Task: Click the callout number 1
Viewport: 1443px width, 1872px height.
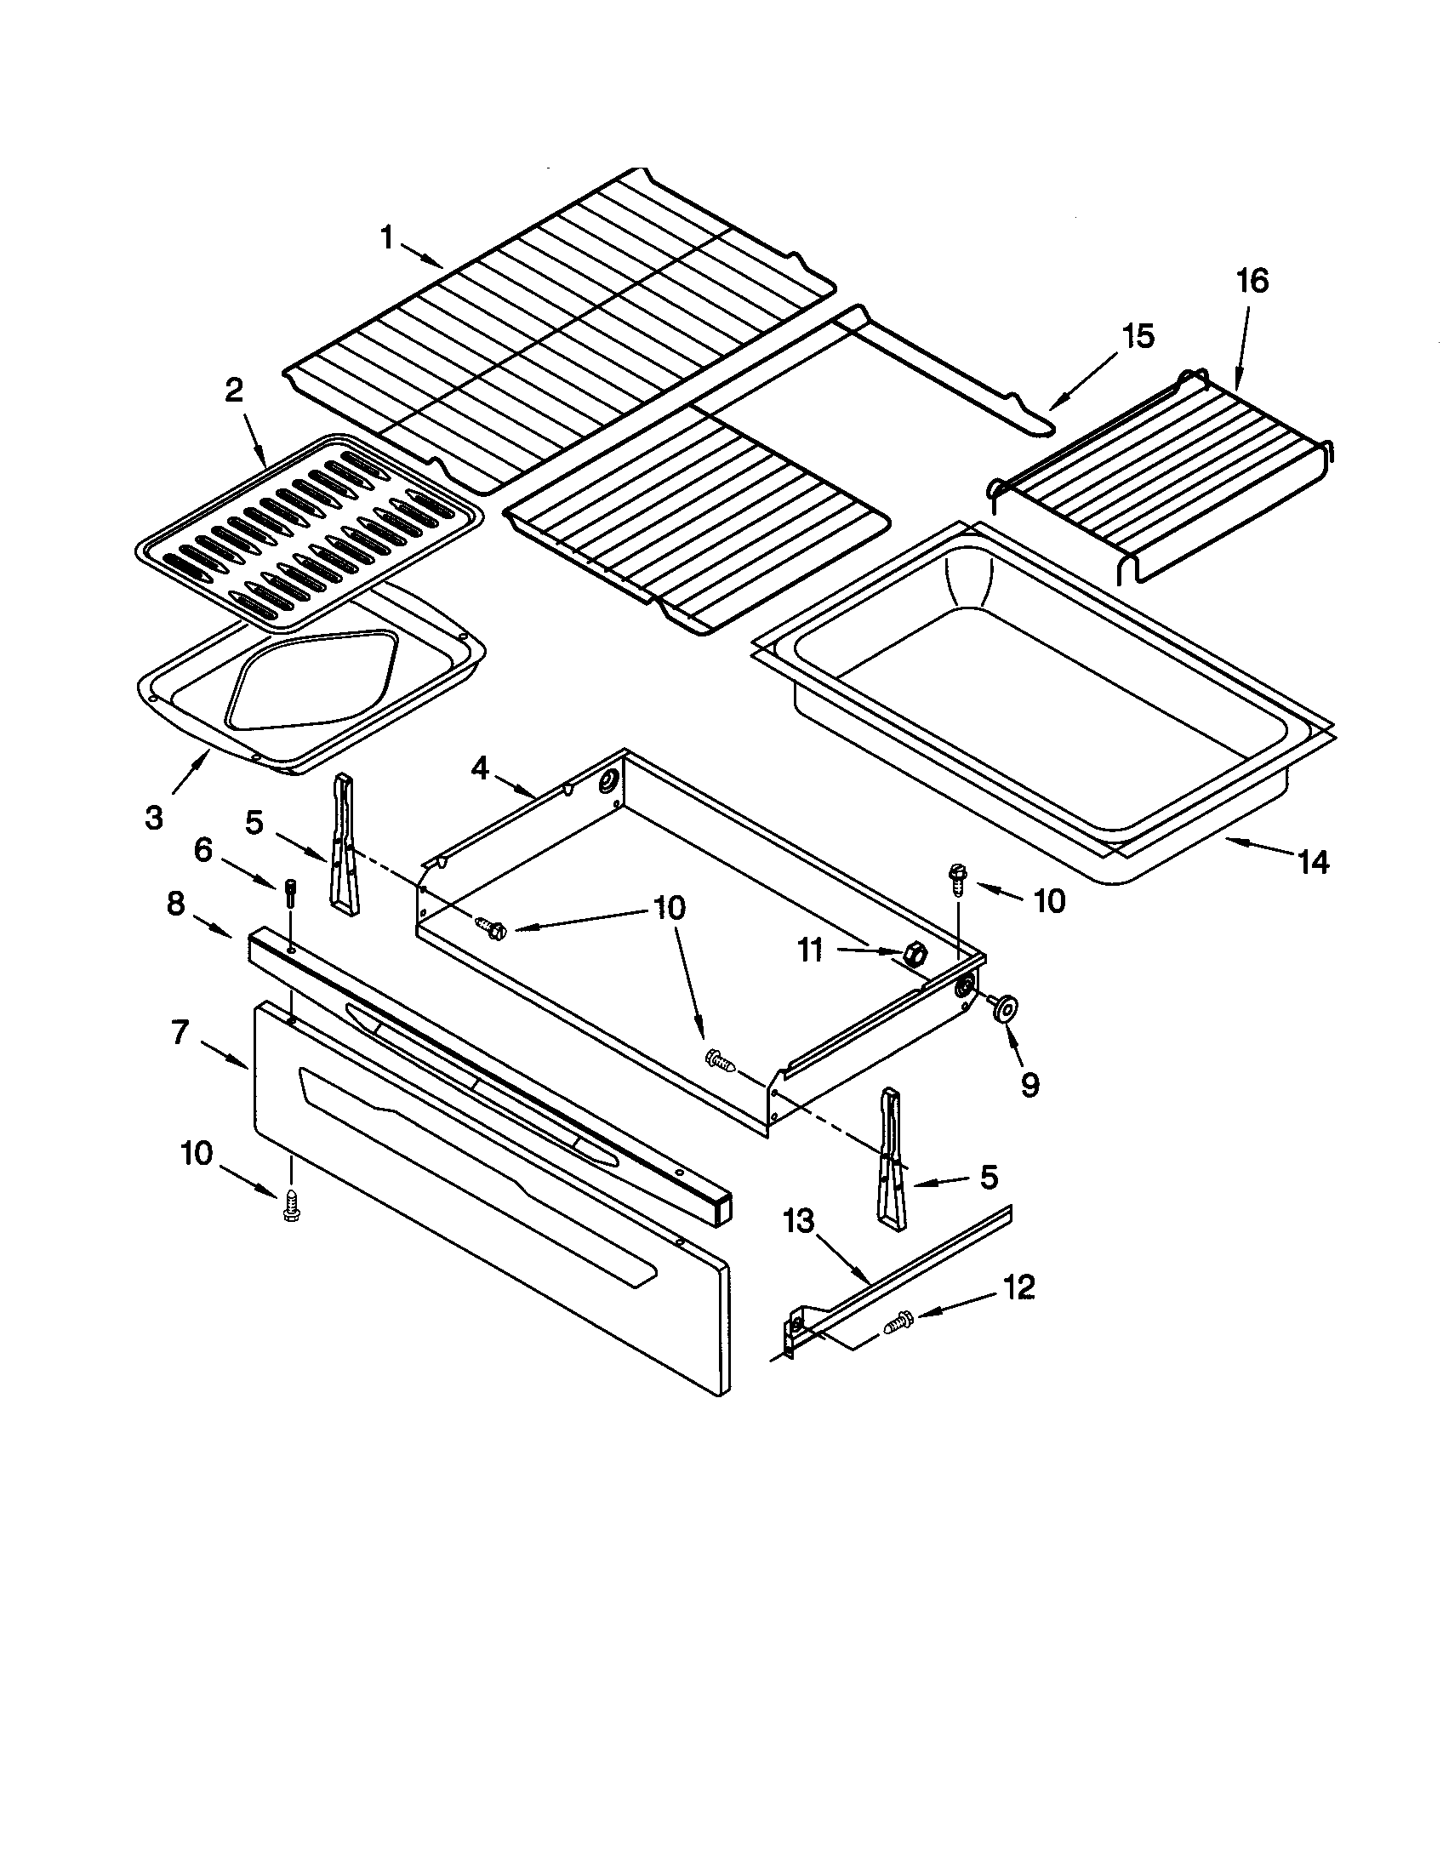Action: coord(386,237)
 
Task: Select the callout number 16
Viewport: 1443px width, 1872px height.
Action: coord(1252,281)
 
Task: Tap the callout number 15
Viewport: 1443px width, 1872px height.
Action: coord(1138,336)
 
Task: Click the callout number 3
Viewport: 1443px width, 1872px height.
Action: coord(153,819)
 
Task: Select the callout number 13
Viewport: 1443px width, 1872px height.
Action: coord(799,1220)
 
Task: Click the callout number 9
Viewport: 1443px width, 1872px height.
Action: coord(1029,1085)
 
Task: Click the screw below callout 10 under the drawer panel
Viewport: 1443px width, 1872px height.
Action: coord(290,1207)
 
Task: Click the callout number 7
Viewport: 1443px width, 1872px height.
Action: coord(178,1033)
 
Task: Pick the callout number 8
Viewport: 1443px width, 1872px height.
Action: coord(174,905)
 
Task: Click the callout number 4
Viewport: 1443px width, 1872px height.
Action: coord(480,769)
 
